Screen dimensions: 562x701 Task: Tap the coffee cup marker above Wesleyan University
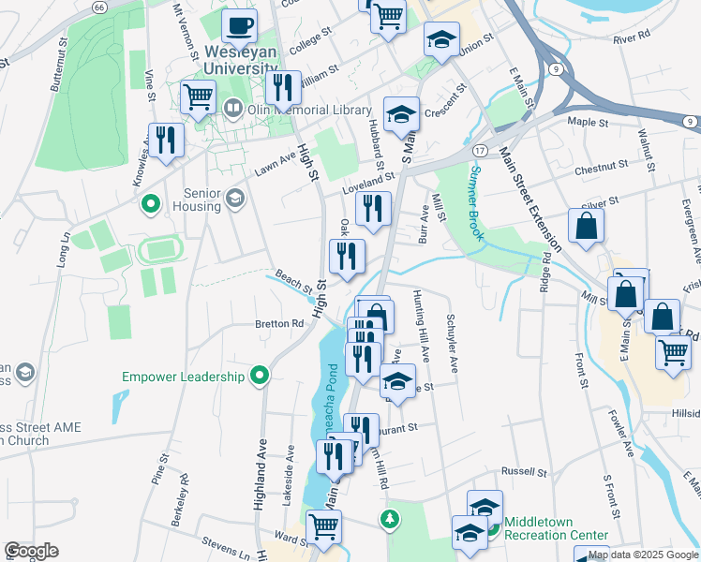point(240,27)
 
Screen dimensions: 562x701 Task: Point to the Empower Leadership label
point(184,377)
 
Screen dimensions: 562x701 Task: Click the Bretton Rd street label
point(279,324)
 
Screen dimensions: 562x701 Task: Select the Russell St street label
point(523,471)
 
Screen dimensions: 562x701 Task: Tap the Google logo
point(31,551)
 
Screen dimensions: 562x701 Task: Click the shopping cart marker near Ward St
point(323,526)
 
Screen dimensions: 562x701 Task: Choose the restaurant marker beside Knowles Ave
point(166,140)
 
